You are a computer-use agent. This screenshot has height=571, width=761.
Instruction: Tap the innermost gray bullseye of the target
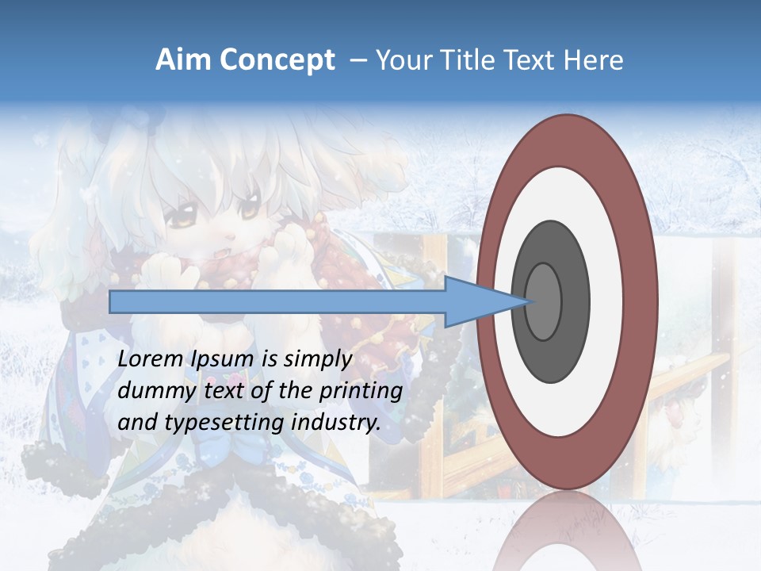click(x=543, y=301)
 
